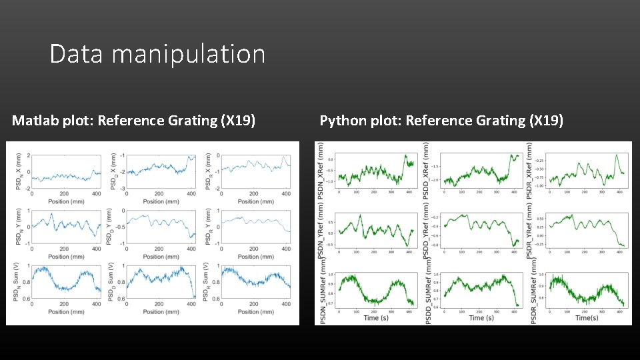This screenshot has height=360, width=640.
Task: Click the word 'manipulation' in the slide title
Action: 189,54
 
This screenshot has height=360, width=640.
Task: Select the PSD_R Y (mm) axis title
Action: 208,227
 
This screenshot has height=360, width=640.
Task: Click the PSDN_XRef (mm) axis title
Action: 321,171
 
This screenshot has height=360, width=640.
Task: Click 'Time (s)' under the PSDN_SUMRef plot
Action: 371,318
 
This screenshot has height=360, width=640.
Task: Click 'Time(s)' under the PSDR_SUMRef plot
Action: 586,318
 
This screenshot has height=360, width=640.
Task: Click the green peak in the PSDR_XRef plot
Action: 617,155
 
